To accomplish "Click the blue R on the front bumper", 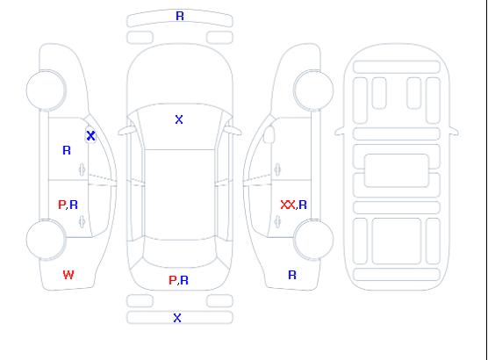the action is click(180, 16).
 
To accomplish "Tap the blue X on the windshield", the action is click(179, 119).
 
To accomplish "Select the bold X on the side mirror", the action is click(90, 135).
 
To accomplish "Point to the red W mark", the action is click(68, 275).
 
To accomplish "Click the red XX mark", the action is click(288, 205).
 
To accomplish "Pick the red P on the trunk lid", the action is click(172, 280).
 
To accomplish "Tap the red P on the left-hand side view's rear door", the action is click(62, 205).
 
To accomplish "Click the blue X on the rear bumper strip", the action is click(177, 318).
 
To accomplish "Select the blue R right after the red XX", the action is click(303, 205).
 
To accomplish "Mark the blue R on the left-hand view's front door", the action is click(67, 150).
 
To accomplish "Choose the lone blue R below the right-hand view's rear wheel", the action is click(292, 275).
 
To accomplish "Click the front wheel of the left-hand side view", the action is click(46, 90).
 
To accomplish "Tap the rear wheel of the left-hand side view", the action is click(46, 240).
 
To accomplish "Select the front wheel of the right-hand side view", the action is click(313, 90).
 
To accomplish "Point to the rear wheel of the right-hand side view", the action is click(313, 240).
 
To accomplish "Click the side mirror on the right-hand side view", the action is click(269, 134).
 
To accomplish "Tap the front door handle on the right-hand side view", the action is click(277, 169).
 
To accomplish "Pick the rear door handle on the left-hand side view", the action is click(83, 221).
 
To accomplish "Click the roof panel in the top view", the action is click(180, 195).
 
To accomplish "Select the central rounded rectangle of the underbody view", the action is click(397, 170).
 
